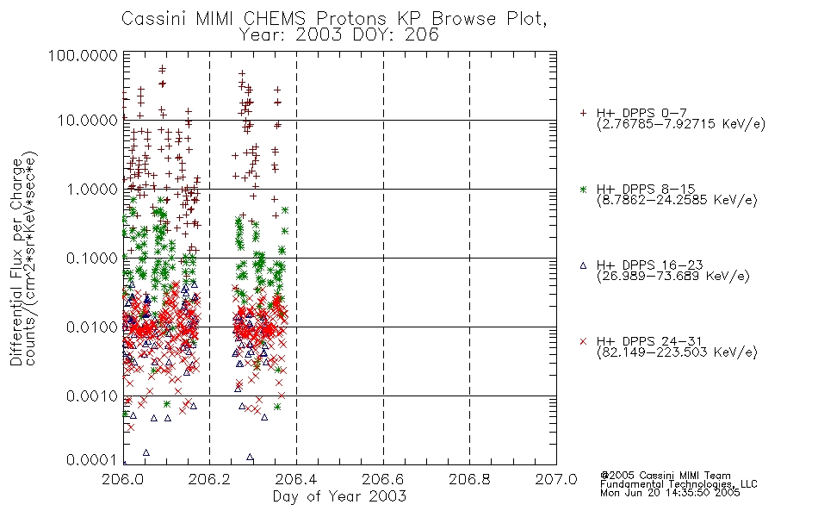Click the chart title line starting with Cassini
click(334, 19)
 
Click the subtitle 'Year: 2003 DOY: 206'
click(338, 34)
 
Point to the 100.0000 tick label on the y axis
click(84, 55)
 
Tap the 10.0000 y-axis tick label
click(88, 121)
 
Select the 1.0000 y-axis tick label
click(92, 189)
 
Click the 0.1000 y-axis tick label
click(92, 258)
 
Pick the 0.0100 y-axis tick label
click(92, 327)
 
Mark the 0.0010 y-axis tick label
click(92, 396)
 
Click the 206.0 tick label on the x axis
click(123, 479)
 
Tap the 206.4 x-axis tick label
click(296, 479)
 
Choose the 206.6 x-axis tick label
click(383, 479)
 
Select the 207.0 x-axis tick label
click(556, 479)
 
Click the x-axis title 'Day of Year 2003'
click(339, 496)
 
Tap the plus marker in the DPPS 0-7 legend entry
click(583, 113)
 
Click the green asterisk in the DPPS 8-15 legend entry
click(583, 189)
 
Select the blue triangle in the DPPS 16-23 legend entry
click(583, 265)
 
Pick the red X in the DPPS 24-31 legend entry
click(583, 341)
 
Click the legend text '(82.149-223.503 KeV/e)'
click(677, 352)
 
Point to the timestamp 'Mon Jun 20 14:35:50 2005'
click(670, 493)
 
